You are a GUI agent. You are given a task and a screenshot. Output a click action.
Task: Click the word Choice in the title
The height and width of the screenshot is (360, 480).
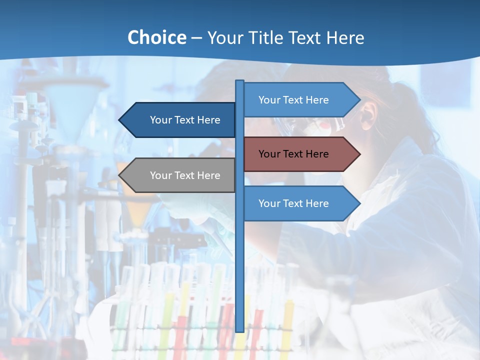pos(156,37)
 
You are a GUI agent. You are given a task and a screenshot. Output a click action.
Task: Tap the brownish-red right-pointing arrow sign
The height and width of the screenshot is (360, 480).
pos(300,154)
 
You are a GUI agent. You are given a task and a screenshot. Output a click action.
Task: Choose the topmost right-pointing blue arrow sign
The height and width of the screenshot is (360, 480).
pos(300,100)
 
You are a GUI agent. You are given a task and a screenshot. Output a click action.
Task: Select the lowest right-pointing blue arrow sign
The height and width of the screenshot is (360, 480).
pos(300,203)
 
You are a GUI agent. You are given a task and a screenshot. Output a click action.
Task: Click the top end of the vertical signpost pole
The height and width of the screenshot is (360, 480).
pos(240,81)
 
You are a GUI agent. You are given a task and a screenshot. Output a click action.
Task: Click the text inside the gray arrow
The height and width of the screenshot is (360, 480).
pos(185,175)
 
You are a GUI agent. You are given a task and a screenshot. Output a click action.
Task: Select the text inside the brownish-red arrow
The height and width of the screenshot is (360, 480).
pos(293,154)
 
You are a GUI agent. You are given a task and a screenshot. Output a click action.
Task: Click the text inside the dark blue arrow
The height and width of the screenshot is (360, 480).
pos(185,120)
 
